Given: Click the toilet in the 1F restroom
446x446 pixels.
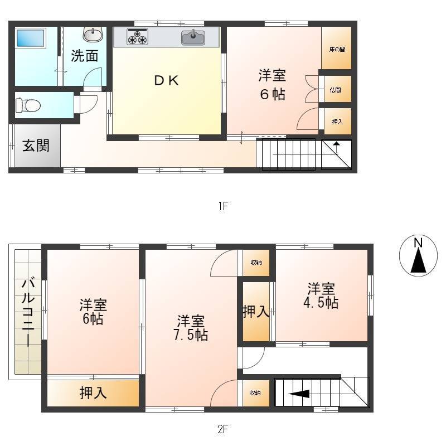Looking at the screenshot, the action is [x=28, y=105].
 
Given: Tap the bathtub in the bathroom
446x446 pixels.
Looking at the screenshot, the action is [x=31, y=38].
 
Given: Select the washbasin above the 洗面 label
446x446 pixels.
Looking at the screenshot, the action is [x=93, y=35].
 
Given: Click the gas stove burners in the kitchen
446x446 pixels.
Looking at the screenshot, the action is [x=138, y=37].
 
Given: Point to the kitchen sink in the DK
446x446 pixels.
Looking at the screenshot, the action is [x=193, y=37].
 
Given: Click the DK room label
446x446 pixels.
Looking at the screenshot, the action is [x=166, y=80].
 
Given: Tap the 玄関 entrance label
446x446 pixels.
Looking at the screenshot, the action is [x=36, y=146].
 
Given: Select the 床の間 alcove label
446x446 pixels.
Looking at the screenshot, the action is [x=337, y=50].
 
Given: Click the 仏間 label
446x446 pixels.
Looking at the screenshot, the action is [x=336, y=90].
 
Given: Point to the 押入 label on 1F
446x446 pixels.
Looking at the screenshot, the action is [x=337, y=122].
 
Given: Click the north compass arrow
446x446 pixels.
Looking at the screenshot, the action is [x=419, y=260].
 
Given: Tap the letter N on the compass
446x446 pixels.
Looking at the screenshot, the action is [x=418, y=243].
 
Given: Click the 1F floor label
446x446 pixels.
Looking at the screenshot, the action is [x=224, y=206].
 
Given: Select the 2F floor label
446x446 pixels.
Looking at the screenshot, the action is [x=223, y=429].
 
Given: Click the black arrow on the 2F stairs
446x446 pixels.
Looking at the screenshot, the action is [x=299, y=394].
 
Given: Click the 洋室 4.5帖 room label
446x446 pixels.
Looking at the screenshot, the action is [x=321, y=295].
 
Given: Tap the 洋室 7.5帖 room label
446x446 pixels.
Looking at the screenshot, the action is [x=191, y=328].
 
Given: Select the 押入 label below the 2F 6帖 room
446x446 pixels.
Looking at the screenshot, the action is [x=93, y=393].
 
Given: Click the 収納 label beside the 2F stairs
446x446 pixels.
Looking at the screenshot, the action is [x=255, y=393].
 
